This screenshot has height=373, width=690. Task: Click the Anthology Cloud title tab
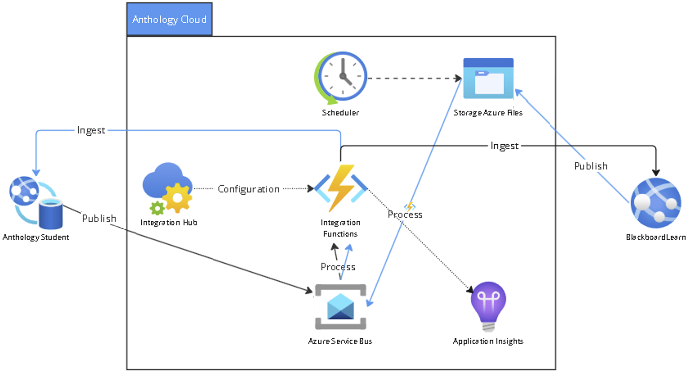(169, 19)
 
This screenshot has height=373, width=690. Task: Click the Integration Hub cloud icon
(167, 187)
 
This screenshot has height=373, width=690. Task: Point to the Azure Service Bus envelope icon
(340, 307)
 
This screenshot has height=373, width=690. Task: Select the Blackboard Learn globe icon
(656, 203)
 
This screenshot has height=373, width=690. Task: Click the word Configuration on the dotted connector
(248, 189)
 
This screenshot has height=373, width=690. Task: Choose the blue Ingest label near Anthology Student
(91, 130)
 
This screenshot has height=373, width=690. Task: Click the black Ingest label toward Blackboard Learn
(504, 146)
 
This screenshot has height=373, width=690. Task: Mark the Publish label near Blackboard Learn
(591, 166)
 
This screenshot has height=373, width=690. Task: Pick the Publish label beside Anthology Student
(99, 219)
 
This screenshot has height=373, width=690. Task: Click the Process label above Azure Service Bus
(338, 267)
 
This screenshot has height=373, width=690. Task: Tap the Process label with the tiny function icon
(405, 214)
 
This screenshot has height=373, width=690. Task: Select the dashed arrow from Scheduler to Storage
(414, 78)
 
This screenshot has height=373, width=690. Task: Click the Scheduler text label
(340, 113)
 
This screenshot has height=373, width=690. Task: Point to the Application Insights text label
(488, 341)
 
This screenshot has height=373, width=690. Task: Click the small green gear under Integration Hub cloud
(157, 208)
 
